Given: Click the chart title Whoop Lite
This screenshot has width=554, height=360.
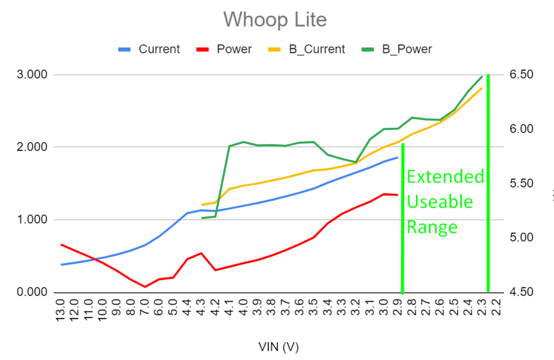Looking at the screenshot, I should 275,20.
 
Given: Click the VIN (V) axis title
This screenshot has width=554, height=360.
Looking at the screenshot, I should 278,347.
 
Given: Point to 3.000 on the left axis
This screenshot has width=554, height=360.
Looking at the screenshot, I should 32,74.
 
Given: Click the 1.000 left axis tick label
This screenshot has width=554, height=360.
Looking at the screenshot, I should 32,220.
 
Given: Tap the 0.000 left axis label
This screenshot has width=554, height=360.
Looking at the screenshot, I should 32,292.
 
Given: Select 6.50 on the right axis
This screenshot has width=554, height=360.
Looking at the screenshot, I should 521,74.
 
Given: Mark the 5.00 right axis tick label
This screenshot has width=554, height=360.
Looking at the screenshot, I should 521,237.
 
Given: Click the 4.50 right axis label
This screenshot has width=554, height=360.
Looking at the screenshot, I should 521,292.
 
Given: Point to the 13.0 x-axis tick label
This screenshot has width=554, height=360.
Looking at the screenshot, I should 61,310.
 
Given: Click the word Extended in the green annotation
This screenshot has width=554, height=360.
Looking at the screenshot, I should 445,177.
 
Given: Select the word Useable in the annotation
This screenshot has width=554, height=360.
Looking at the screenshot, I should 440,202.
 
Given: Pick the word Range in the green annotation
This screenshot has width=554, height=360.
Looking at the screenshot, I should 432,227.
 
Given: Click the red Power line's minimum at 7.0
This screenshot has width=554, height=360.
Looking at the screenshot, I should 145,287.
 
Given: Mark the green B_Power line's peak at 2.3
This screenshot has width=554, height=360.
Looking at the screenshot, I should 482,76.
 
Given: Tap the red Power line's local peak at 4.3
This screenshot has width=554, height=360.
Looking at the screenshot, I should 201,253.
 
